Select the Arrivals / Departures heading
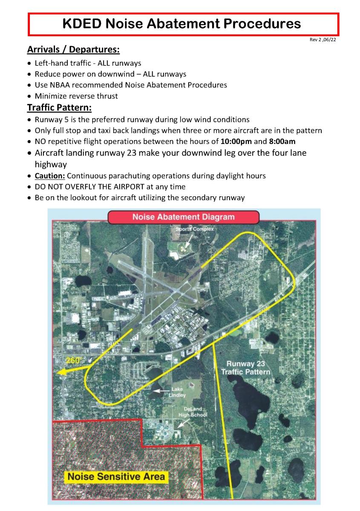(x=73, y=50)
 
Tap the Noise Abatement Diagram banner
(x=183, y=217)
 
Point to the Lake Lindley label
(x=179, y=392)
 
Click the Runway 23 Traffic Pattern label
(x=246, y=368)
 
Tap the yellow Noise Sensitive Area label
(x=115, y=476)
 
